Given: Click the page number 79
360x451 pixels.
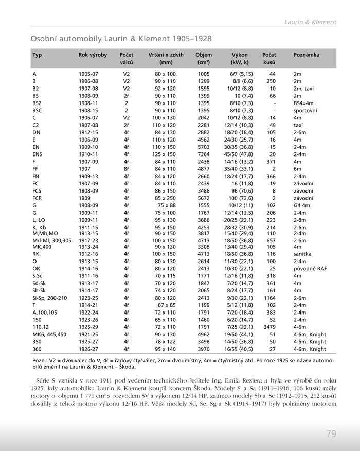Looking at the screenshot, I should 331,433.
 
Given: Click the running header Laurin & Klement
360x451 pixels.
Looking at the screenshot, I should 310,22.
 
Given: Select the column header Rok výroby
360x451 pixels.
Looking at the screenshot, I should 93,55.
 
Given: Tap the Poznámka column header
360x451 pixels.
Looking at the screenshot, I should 306,55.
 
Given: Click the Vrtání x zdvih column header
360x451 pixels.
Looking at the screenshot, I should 165,55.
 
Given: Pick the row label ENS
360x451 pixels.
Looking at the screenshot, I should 37,154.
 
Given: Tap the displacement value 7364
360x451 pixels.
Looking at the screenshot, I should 204,154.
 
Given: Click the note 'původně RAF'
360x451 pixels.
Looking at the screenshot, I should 310,268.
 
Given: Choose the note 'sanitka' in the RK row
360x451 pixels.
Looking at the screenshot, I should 303,254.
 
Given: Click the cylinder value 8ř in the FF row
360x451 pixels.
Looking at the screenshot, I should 126,168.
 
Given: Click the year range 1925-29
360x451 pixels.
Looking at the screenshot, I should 88,326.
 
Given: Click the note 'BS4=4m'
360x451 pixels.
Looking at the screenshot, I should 303,103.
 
